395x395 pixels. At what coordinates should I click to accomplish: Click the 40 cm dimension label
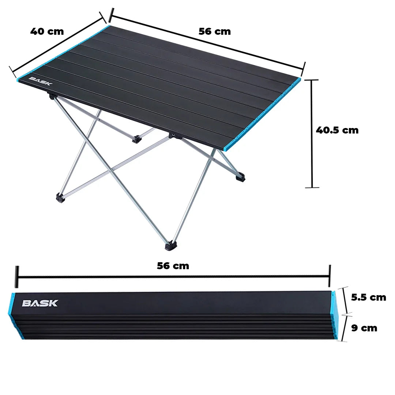47,31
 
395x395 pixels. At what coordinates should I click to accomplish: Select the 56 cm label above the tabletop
215,31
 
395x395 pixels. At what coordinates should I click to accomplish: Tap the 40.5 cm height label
337,130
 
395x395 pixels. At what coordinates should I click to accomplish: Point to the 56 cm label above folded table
173,266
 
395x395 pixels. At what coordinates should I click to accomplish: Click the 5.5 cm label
368,297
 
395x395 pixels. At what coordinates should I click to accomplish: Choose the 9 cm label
364,328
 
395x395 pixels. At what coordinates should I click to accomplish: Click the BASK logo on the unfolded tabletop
41,80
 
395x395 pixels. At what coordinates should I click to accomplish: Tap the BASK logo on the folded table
40,303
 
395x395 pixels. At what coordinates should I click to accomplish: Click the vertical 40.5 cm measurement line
312,134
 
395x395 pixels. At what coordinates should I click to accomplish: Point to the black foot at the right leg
240,178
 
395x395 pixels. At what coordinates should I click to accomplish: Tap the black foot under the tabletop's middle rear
138,139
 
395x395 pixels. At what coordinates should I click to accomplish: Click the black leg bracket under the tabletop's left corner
52,96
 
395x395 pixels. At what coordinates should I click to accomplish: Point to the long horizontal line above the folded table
173,276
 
